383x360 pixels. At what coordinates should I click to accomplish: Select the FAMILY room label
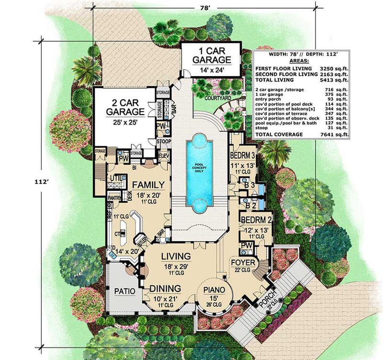click(148, 185)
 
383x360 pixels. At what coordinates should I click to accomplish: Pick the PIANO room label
click(214, 290)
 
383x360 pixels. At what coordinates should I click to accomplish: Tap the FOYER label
click(243, 263)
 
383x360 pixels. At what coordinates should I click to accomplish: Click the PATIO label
click(124, 291)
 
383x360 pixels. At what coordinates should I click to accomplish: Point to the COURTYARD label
click(218, 98)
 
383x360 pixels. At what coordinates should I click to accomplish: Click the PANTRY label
click(115, 197)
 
